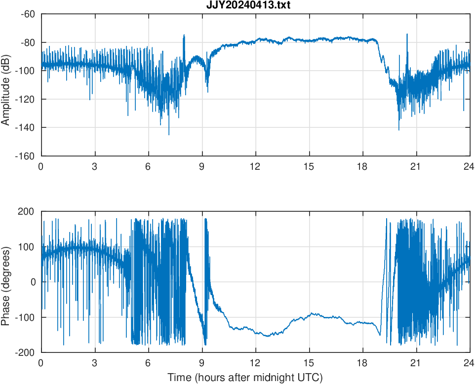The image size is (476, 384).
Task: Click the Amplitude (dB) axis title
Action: [x=6, y=85]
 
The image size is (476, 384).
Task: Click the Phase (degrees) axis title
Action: [x=6, y=282]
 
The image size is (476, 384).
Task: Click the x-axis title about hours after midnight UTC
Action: [x=245, y=378]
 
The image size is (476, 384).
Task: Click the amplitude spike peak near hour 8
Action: [x=184, y=35]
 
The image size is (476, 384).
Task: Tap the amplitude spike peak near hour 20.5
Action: [x=407, y=34]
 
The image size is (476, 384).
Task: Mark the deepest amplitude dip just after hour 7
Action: [x=169, y=135]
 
